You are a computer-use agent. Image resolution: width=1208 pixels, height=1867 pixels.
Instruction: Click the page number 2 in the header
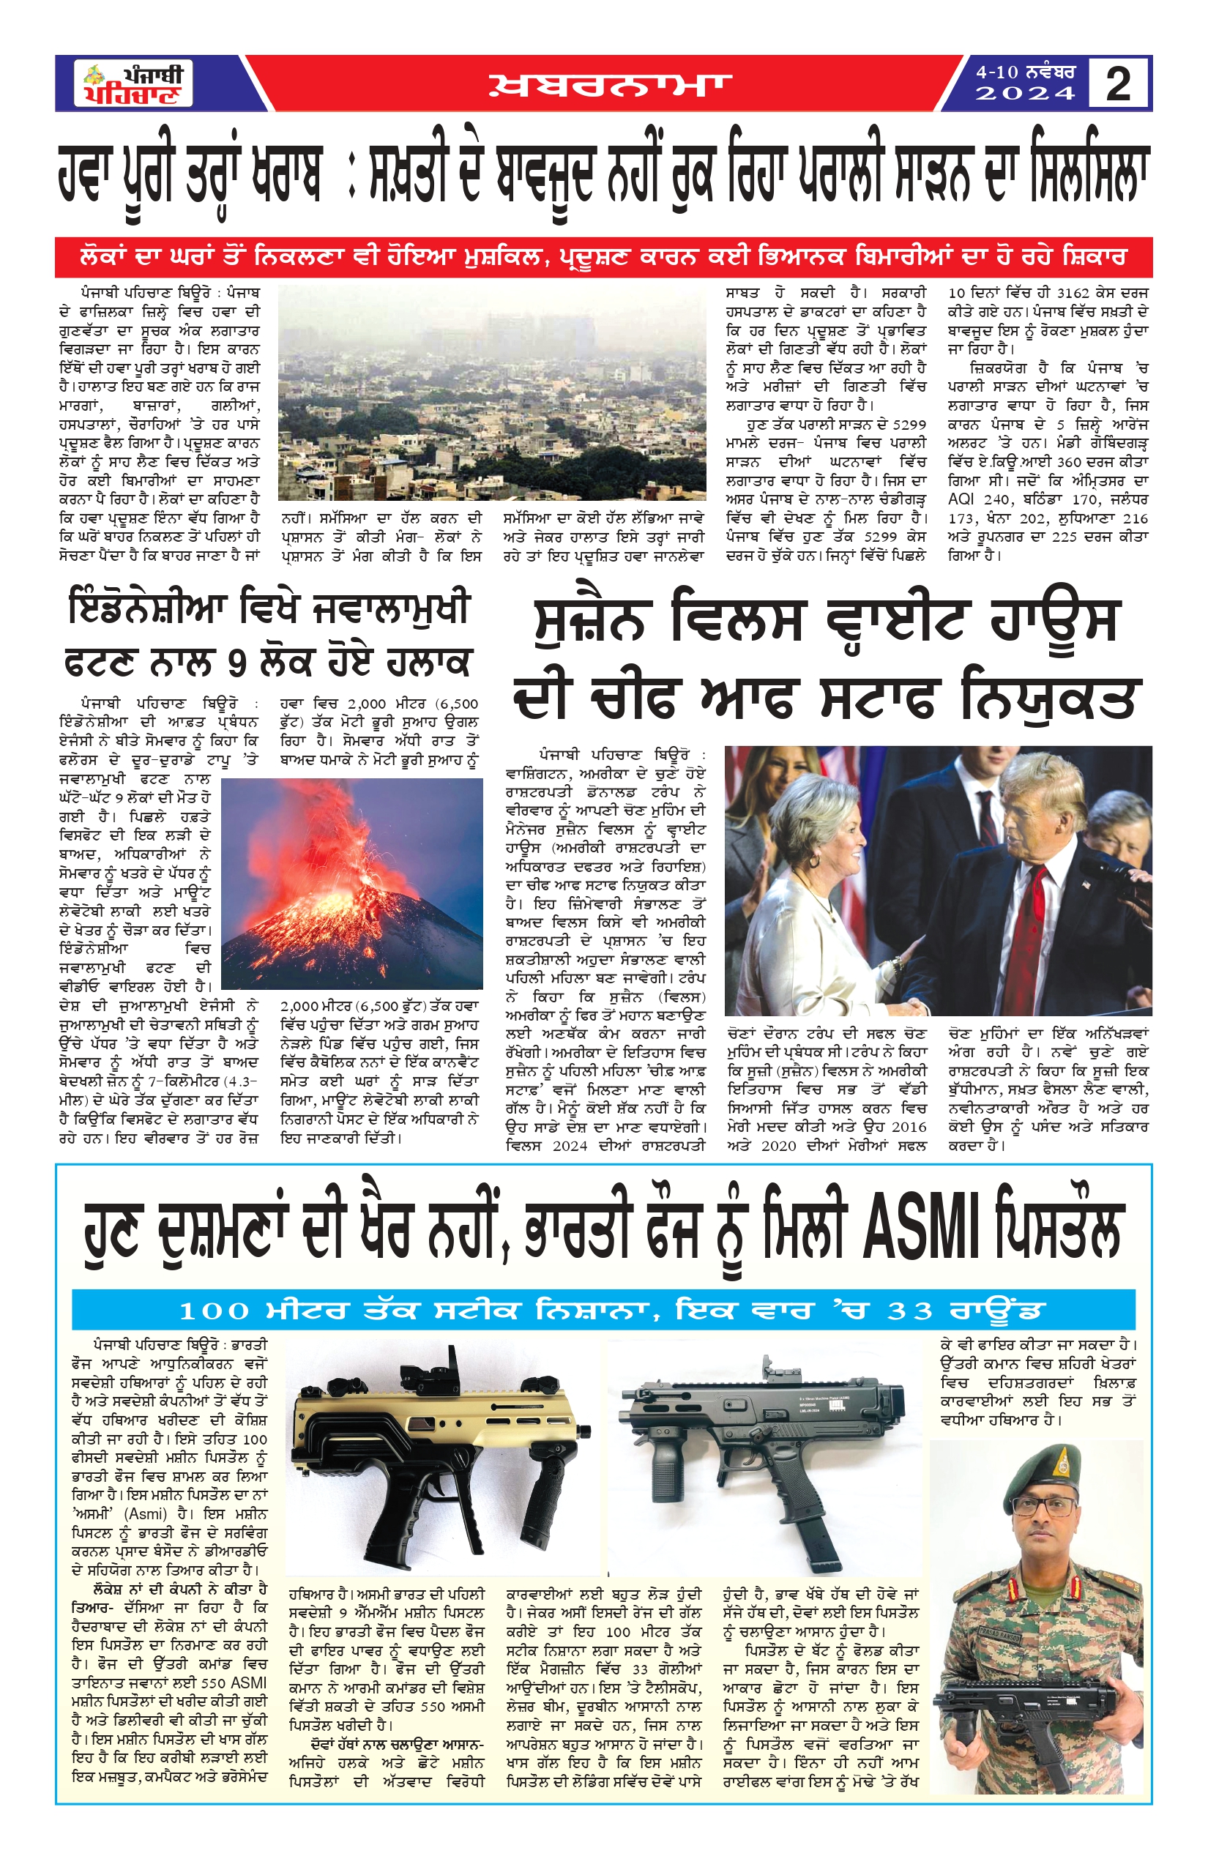coord(1119,84)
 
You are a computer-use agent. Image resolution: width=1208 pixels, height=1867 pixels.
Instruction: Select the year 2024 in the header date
coord(1024,94)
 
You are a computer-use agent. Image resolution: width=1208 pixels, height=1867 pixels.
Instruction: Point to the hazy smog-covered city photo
coord(492,392)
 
